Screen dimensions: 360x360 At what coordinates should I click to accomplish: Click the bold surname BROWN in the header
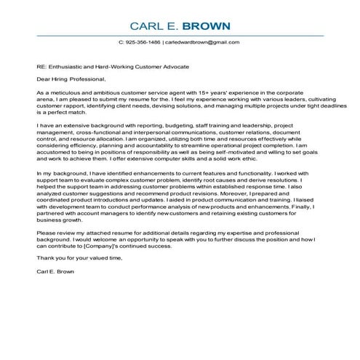tap(207, 27)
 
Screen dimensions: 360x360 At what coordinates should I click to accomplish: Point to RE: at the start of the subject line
tap(41, 66)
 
